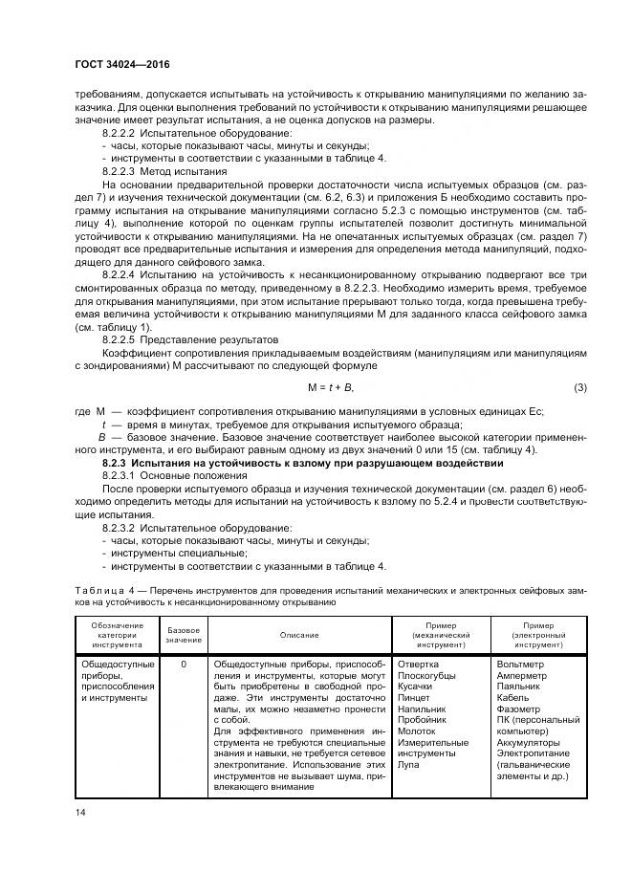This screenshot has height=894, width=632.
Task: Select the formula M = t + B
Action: click(x=329, y=386)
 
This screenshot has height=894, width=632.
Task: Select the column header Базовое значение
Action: click(x=184, y=635)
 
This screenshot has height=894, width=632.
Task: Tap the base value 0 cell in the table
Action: click(x=184, y=664)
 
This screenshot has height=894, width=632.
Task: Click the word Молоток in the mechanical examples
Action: click(x=416, y=729)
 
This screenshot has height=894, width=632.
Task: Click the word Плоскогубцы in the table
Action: click(x=426, y=676)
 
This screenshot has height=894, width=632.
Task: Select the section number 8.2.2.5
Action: click(x=121, y=339)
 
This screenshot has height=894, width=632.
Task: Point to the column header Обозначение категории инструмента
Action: click(x=118, y=635)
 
